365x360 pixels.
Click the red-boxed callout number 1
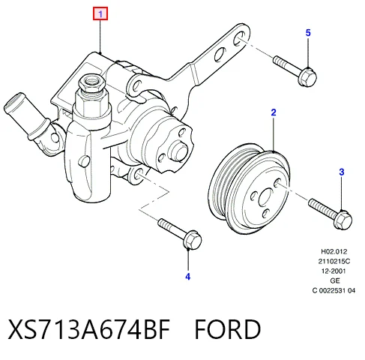click(x=100, y=13)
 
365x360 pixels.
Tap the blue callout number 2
click(x=274, y=112)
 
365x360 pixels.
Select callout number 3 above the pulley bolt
click(x=342, y=172)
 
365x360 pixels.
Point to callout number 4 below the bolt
click(x=188, y=277)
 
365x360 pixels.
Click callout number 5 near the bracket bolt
click(x=308, y=33)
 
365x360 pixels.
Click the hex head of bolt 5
click(x=307, y=77)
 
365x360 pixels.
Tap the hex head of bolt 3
click(x=343, y=220)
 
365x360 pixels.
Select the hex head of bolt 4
click(x=193, y=240)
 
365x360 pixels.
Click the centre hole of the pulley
click(x=265, y=197)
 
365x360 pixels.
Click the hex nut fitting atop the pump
click(x=91, y=83)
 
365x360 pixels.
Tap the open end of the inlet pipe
click(x=13, y=100)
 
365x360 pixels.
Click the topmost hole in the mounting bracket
click(x=239, y=38)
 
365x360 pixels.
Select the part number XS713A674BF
click(x=89, y=328)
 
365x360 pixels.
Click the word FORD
click(x=228, y=328)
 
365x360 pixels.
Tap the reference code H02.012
click(x=334, y=251)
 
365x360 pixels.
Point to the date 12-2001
click(x=334, y=271)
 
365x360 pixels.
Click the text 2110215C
click(x=334, y=261)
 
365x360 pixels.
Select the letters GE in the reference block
click(x=335, y=280)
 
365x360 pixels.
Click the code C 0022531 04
click(x=334, y=290)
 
